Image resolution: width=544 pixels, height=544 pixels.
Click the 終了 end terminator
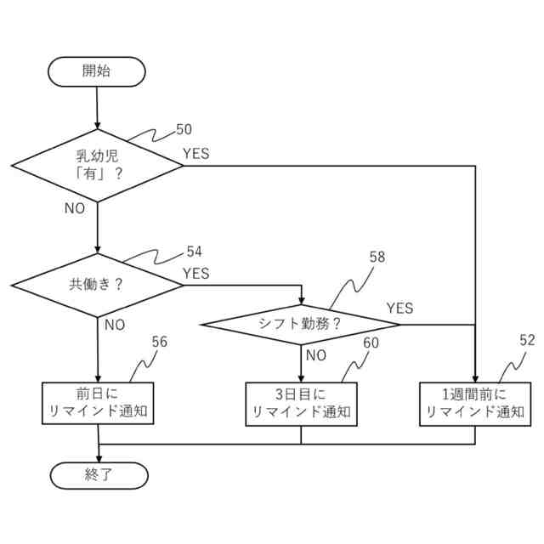pyautogui.click(x=99, y=475)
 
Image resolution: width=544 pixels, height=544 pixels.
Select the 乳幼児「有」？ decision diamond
pyautogui.click(x=97, y=166)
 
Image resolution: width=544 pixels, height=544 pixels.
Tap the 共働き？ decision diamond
pyautogui.click(x=97, y=285)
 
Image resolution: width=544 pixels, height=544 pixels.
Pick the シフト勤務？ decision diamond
pyautogui.click(x=300, y=324)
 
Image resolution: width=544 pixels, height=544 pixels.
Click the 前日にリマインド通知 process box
pyautogui.click(x=99, y=403)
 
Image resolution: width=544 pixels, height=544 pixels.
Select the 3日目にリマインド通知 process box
pyautogui.click(x=300, y=403)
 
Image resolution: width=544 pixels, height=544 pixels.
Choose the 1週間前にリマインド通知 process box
pyautogui.click(x=474, y=403)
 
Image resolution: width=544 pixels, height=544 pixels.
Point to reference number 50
pyautogui.click(x=184, y=130)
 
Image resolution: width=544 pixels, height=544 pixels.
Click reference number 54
pyautogui.click(x=194, y=252)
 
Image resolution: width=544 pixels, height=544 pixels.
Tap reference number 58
pyautogui.click(x=377, y=257)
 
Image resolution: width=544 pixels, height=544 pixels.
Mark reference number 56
pyautogui.click(x=159, y=342)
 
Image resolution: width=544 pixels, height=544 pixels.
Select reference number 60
pyautogui.click(x=371, y=343)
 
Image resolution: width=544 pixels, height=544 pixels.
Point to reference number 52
pyautogui.click(x=527, y=340)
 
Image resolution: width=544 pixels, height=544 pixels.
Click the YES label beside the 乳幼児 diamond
pyautogui.click(x=196, y=154)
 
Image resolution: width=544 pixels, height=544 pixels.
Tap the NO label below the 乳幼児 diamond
pyautogui.click(x=75, y=208)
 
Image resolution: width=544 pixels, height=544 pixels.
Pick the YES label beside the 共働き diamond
pyautogui.click(x=196, y=274)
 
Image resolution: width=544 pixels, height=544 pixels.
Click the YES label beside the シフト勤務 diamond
pyautogui.click(x=399, y=308)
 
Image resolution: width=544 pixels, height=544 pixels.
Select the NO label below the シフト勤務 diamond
pyautogui.click(x=316, y=355)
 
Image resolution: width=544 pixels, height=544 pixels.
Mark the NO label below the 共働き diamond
pyautogui.click(x=115, y=325)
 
